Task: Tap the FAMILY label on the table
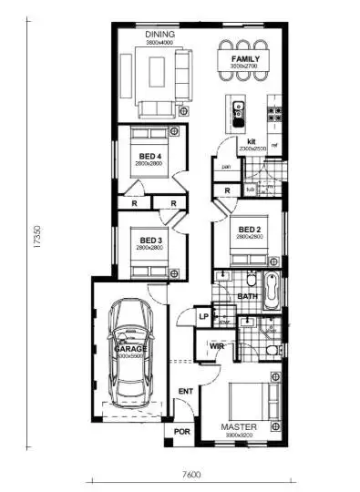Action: (245, 59)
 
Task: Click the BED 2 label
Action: (250, 229)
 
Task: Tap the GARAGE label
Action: (130, 349)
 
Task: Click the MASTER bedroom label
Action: (240, 426)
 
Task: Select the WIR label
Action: (217, 347)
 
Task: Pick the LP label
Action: (204, 316)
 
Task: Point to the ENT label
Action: (185, 392)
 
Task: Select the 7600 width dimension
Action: (190, 473)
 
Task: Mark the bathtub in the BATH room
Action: (271, 290)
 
